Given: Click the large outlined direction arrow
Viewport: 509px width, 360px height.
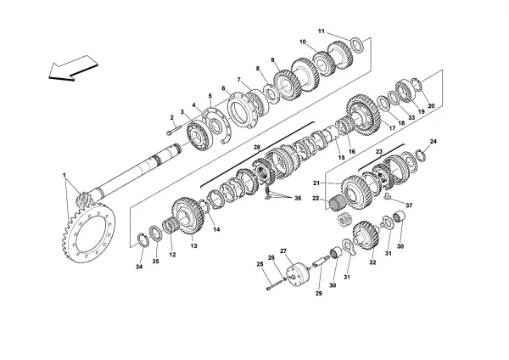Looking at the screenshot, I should point(70,68).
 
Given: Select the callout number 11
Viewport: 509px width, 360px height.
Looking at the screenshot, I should point(322,31).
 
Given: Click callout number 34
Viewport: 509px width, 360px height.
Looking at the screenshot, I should point(140,268).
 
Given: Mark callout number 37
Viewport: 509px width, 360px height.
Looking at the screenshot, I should point(408,205).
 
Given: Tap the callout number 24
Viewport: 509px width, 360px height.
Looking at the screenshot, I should point(433,141).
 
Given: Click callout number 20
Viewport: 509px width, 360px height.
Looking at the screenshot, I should point(431,106).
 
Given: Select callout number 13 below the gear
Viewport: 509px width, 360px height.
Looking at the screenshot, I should point(194,247).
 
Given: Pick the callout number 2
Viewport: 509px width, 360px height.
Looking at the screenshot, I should point(171,117).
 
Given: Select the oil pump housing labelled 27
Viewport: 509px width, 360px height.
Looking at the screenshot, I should point(296,278).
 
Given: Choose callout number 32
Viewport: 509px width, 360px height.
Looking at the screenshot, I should point(372,262).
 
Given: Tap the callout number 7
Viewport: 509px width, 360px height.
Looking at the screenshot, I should point(239,79).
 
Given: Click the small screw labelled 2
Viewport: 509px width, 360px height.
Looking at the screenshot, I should point(173,130).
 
